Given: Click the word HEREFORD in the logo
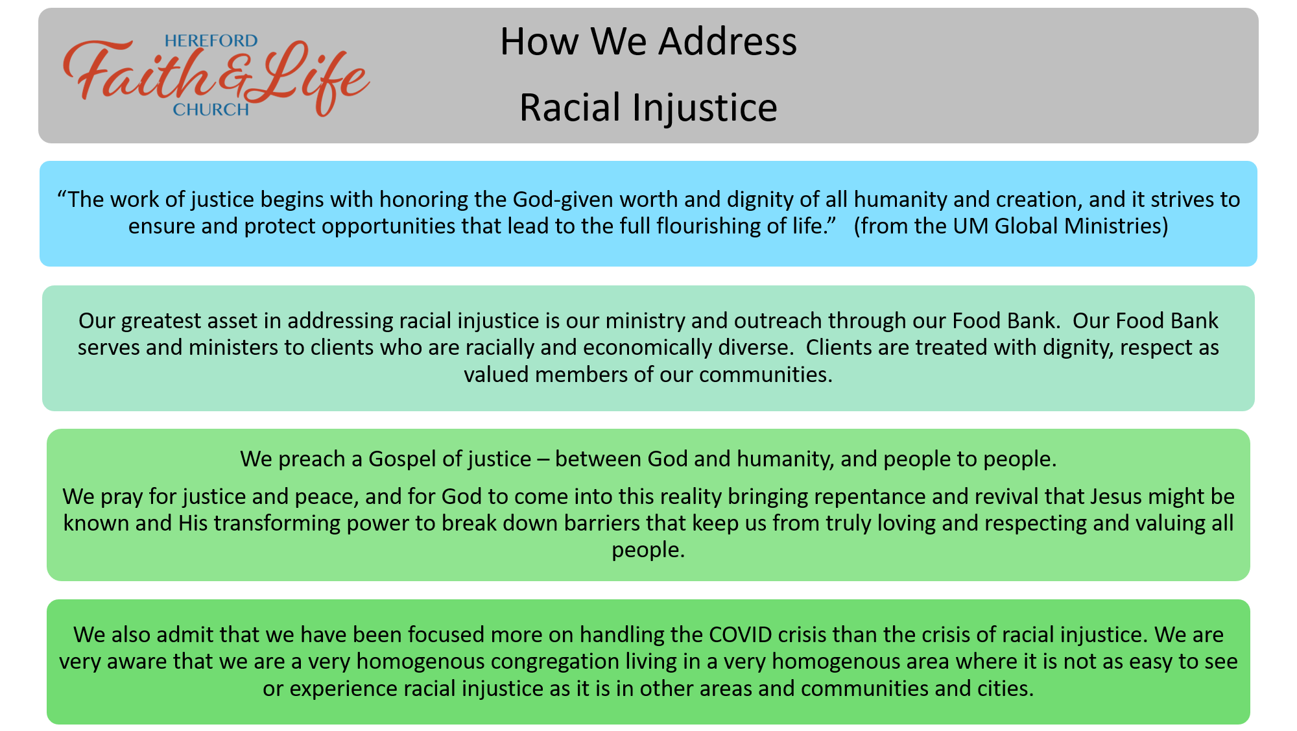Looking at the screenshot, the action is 211,41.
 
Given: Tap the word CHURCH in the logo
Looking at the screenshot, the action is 211,110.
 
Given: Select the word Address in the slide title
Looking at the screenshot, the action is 728,42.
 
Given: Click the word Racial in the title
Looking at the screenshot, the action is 570,107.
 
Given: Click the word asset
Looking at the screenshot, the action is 256,321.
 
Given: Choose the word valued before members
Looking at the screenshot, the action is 496,375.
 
